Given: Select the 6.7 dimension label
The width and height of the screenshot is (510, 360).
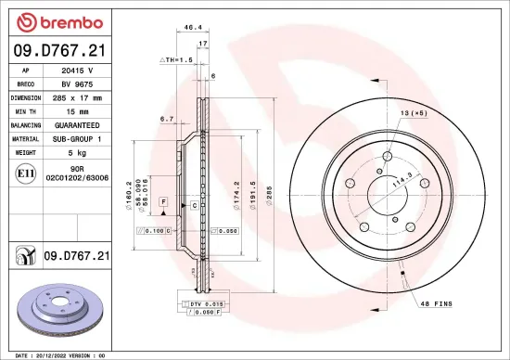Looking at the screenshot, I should click(167, 119).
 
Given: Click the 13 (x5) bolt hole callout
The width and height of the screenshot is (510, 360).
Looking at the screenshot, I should click(414, 111).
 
